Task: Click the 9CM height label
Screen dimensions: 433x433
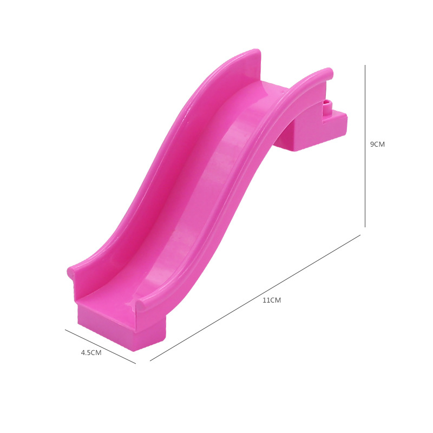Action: coord(377,144)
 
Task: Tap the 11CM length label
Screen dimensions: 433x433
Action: coord(272,300)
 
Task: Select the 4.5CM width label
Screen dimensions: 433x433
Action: coord(91,353)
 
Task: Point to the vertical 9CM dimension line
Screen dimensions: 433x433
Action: coord(365,146)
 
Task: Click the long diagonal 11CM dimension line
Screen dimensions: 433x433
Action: coord(255,298)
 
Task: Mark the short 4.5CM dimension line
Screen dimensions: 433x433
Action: coord(100,346)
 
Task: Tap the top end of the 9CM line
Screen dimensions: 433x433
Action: coord(365,65)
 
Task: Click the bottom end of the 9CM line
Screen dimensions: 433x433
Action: coord(365,227)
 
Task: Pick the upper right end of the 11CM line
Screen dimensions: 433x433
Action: coord(360,235)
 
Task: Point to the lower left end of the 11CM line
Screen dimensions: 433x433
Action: coord(150,361)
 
